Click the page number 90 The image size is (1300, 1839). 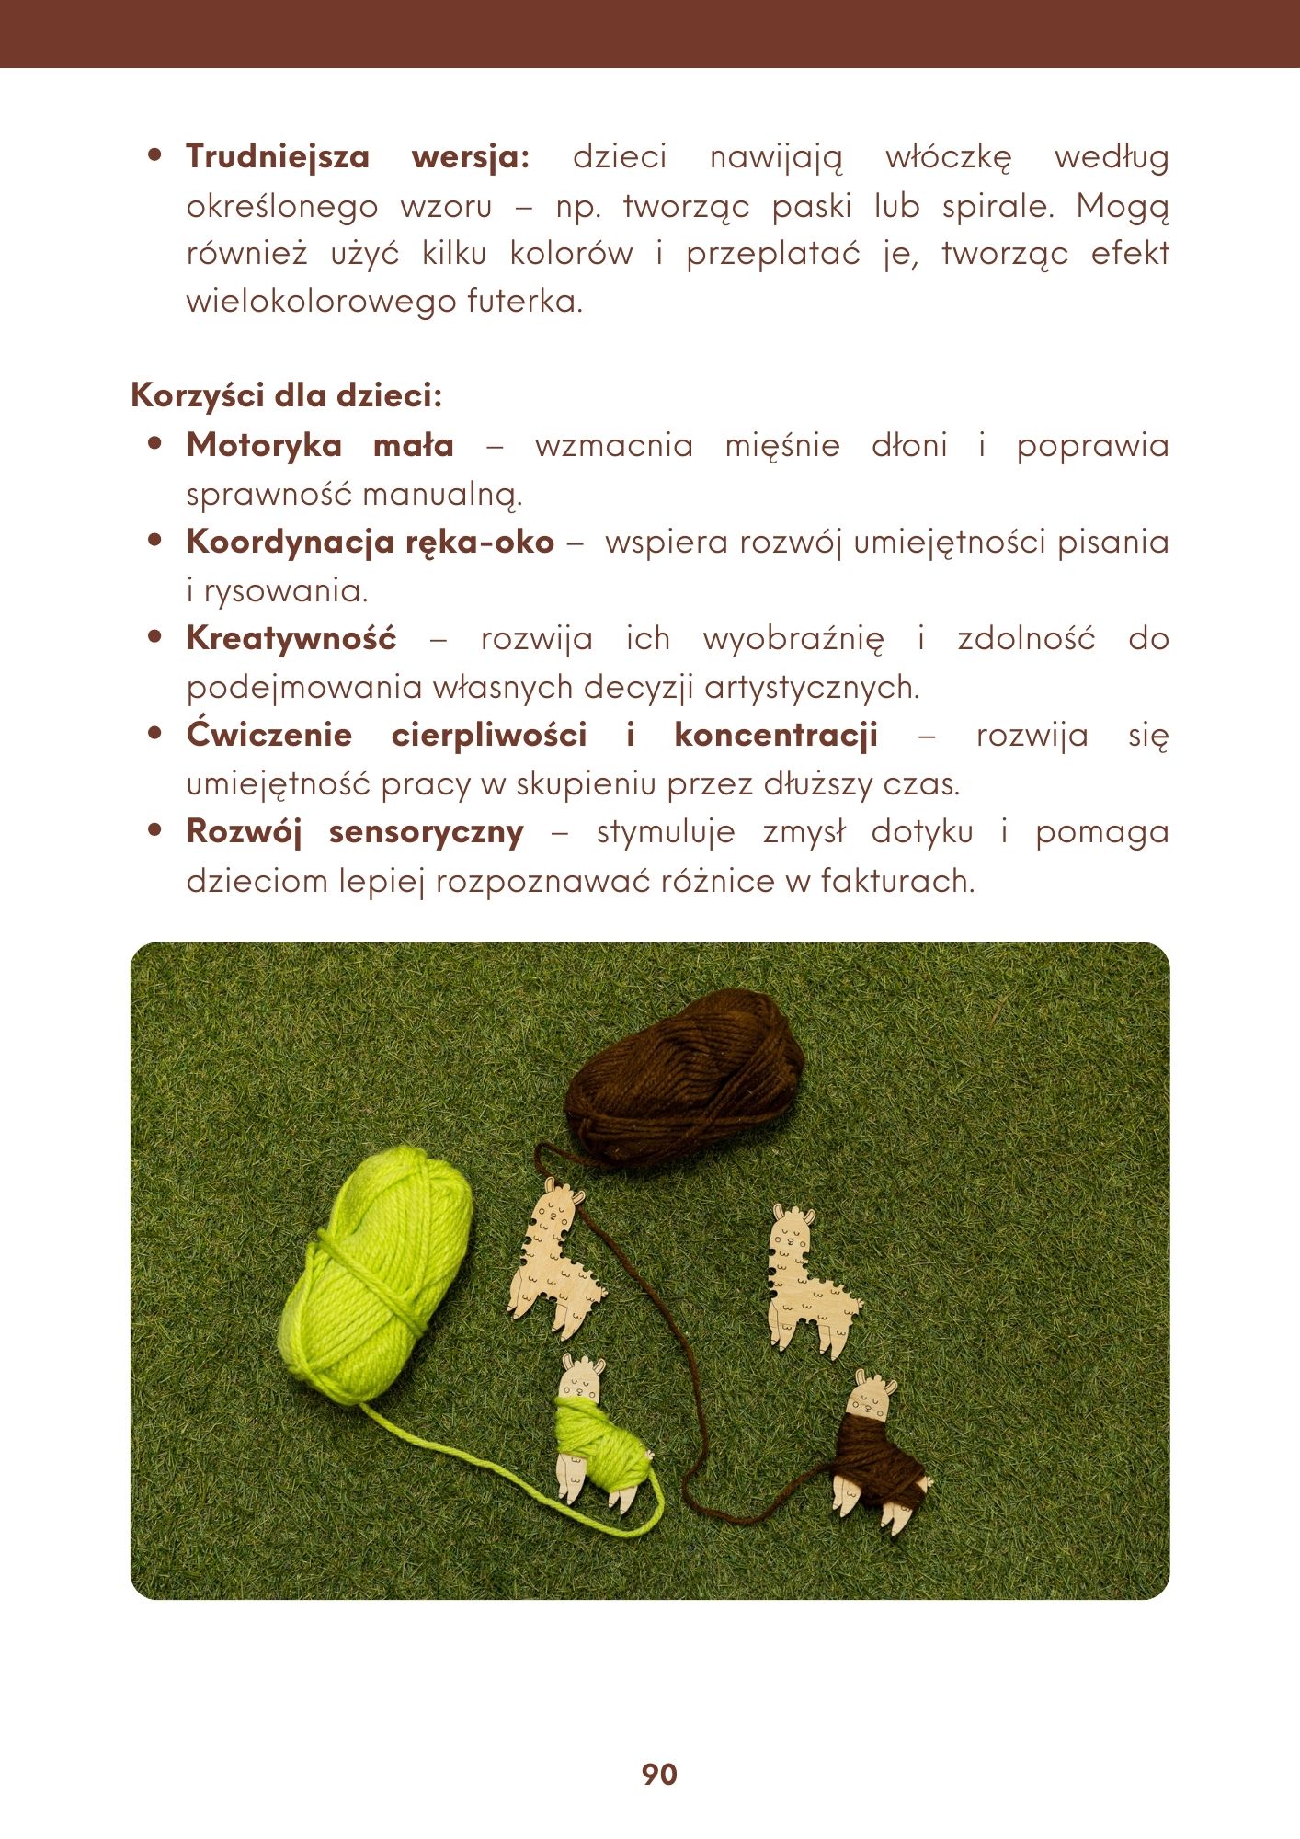[659, 1774]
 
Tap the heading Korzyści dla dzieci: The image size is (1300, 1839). [287, 395]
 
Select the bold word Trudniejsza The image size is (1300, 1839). [278, 157]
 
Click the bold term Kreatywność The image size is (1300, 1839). [291, 638]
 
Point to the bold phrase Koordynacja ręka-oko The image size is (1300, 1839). [371, 542]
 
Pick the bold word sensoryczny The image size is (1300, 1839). [427, 831]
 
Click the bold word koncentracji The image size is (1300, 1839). [776, 735]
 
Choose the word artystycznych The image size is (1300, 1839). [812, 687]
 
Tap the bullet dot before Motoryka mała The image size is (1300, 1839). [154, 444]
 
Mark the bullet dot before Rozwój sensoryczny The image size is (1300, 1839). [154, 830]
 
